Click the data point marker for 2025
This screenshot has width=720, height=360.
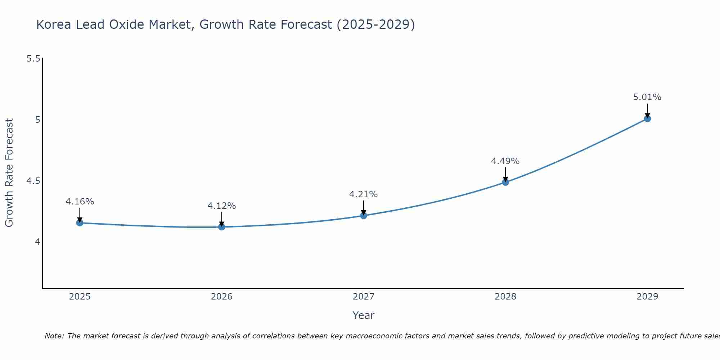pos(80,223)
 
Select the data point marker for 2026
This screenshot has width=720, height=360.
pos(222,227)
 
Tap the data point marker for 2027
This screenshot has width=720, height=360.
pos(364,216)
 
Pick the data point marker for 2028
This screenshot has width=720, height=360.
pos(505,182)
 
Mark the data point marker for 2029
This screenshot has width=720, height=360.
pos(647,118)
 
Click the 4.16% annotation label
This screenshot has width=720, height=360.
pos(80,202)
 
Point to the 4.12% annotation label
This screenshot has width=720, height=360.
pos(222,206)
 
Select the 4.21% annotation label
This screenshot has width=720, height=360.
pos(364,194)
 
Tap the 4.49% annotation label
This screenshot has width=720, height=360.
pos(505,161)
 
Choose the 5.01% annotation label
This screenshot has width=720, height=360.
pos(647,97)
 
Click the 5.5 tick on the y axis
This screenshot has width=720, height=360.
pos(33,58)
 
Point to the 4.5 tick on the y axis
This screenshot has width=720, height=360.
pos(33,181)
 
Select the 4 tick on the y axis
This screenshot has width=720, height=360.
pos(37,242)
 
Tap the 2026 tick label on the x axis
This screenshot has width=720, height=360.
pos(222,297)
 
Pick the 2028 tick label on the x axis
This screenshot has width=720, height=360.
pos(505,297)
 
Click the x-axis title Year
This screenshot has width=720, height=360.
pos(364,315)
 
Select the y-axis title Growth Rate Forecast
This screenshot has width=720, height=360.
pos(9,173)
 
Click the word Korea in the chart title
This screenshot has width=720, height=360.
pos(54,24)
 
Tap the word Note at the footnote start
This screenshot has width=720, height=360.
pos(54,336)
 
